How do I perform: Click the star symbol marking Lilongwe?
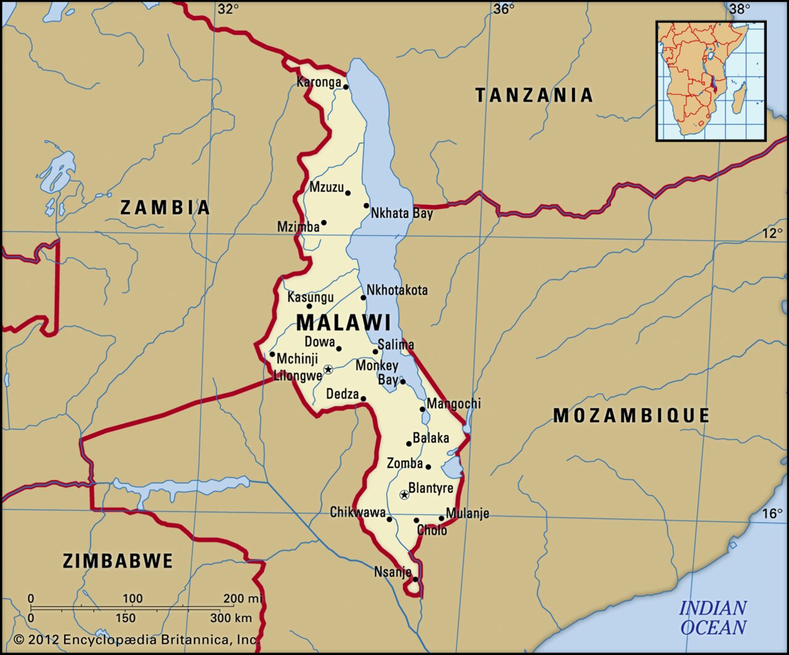[x=328, y=369]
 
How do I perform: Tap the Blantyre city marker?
[x=404, y=494]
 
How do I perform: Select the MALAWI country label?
[x=343, y=323]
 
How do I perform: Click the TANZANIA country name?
[x=534, y=95]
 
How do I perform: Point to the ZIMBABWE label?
[x=118, y=561]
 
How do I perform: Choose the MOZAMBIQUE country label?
[x=631, y=415]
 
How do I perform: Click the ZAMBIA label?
[x=165, y=207]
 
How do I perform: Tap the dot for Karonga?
[x=346, y=87]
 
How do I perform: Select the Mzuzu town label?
[x=326, y=187]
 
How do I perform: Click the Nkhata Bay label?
[x=401, y=213]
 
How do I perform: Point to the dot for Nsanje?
[x=415, y=579]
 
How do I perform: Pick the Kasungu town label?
[x=310, y=297]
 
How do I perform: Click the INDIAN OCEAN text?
[x=713, y=618]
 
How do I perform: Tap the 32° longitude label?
[x=227, y=9]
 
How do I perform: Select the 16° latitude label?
[x=772, y=513]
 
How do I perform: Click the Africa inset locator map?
[x=711, y=81]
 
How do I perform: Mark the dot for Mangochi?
[x=422, y=409]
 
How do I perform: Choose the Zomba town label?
[x=404, y=463]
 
